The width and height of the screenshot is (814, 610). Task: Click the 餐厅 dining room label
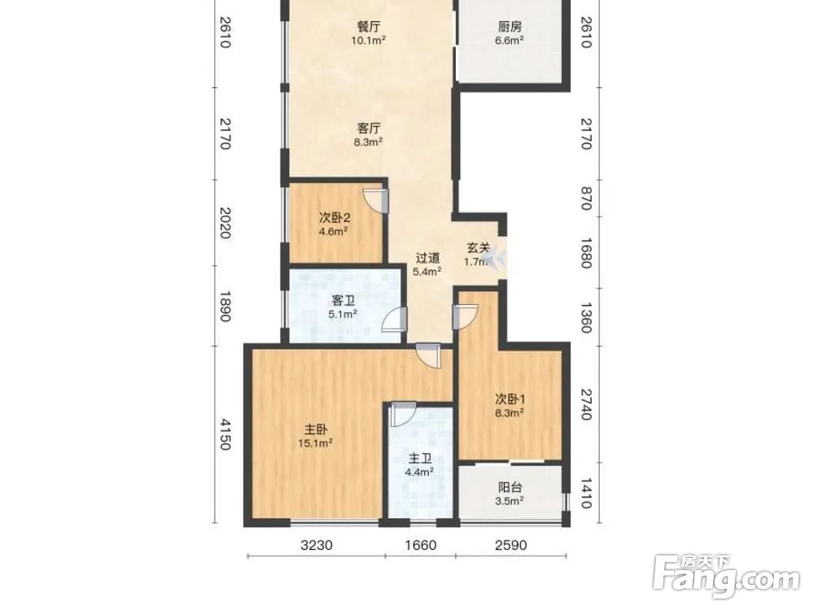pyautogui.click(x=369, y=27)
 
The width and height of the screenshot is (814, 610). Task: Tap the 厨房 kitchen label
pyautogui.click(x=510, y=27)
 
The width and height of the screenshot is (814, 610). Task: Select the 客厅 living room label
pyautogui.click(x=369, y=129)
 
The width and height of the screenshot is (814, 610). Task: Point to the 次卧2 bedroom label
pyautogui.click(x=335, y=218)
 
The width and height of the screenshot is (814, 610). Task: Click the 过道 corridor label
pyautogui.click(x=428, y=257)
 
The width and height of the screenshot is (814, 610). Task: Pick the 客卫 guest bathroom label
pyautogui.click(x=343, y=300)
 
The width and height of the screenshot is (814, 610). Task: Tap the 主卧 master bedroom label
pyautogui.click(x=316, y=429)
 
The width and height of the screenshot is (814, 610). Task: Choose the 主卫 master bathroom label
pyautogui.click(x=420, y=459)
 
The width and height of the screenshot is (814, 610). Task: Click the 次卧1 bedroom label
pyautogui.click(x=510, y=399)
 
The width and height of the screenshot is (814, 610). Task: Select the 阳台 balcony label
pyautogui.click(x=510, y=487)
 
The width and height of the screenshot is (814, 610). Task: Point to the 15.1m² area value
pyautogui.click(x=315, y=443)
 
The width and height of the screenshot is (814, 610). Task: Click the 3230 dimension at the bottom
pyautogui.click(x=316, y=545)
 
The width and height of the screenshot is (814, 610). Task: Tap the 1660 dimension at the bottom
pyautogui.click(x=421, y=545)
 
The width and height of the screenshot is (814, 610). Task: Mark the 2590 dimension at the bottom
pyautogui.click(x=511, y=545)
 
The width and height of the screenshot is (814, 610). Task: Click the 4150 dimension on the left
pyautogui.click(x=225, y=434)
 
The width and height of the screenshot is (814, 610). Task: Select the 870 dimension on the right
pyautogui.click(x=585, y=198)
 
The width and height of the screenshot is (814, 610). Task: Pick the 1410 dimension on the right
pyautogui.click(x=585, y=494)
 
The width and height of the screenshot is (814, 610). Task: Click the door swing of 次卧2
pyautogui.click(x=374, y=201)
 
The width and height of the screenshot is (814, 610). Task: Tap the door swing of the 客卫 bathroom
pyautogui.click(x=394, y=319)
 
